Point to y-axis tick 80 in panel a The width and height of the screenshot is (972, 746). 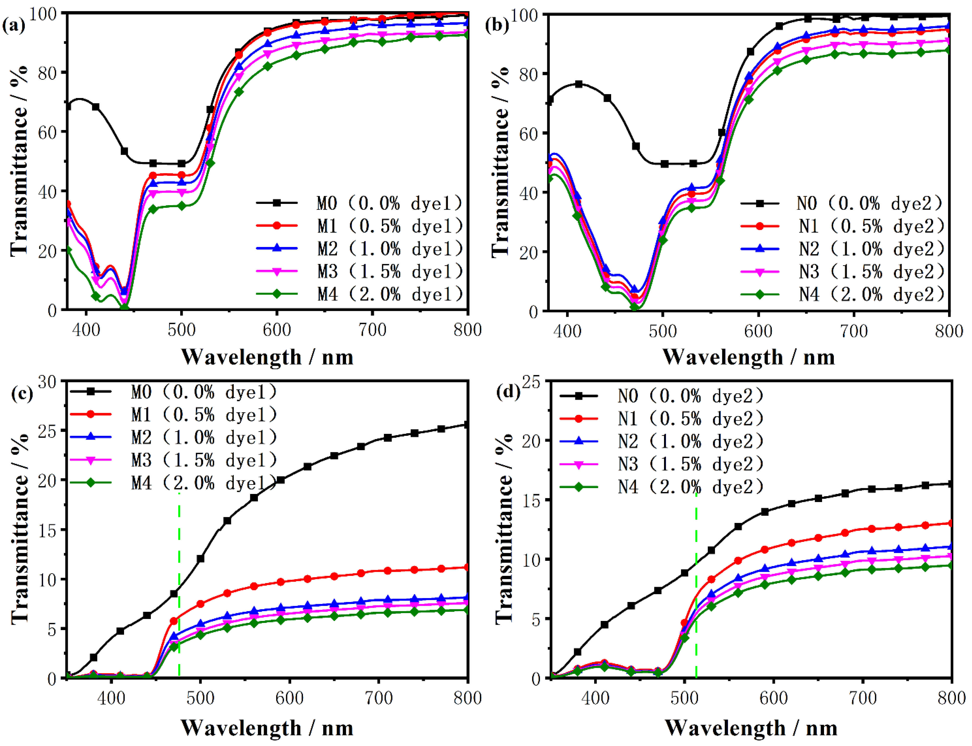coord(47,72)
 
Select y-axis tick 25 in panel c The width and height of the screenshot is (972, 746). coord(47,431)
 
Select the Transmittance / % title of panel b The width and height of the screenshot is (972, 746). coord(501,162)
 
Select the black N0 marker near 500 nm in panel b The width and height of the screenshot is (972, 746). coord(664,164)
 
